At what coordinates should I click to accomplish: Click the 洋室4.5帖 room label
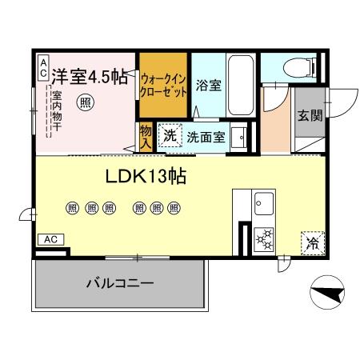[x=89, y=78]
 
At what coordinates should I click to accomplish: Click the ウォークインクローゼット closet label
[x=164, y=86]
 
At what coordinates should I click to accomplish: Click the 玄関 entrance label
[x=310, y=115]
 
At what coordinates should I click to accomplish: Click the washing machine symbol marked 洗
[x=170, y=135]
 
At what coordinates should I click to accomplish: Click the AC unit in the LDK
[x=50, y=239]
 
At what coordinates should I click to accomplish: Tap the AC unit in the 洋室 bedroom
[x=42, y=67]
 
